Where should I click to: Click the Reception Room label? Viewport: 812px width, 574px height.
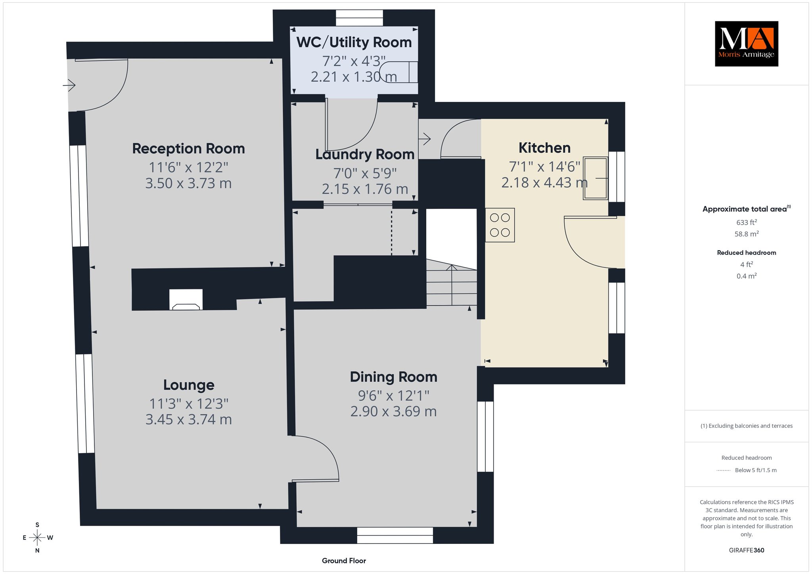click(188, 149)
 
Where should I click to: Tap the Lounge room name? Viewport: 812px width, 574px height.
click(189, 385)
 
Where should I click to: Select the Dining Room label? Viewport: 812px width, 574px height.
click(393, 377)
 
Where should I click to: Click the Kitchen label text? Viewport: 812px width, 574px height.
click(544, 148)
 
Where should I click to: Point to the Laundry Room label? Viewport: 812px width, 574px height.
click(365, 155)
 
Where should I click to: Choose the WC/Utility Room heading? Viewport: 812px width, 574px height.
click(354, 42)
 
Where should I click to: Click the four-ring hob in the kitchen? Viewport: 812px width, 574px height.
click(500, 225)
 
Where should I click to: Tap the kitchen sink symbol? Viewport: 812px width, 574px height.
click(595, 178)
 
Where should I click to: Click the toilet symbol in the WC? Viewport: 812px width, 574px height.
click(398, 72)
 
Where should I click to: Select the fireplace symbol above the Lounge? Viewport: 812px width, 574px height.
click(186, 299)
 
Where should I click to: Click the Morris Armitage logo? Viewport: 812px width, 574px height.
click(746, 44)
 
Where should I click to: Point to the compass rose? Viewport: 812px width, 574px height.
click(37, 538)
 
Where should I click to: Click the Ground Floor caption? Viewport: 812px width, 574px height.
click(344, 561)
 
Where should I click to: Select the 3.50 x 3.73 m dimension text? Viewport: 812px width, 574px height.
click(188, 184)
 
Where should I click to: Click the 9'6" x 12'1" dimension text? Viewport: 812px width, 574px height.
click(393, 396)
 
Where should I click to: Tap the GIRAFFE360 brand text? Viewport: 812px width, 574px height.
click(747, 550)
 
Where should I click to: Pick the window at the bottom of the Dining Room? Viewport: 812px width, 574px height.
click(395, 535)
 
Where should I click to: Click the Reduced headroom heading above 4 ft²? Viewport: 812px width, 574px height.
click(747, 253)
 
